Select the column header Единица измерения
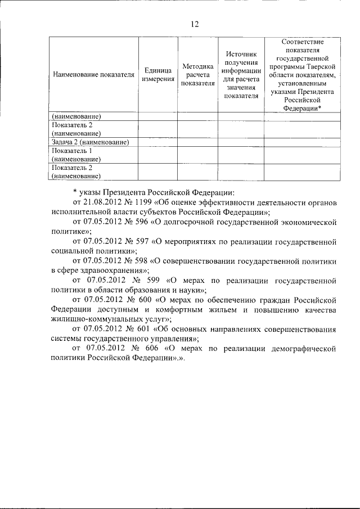tap(157, 75)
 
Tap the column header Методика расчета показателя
tap(198, 75)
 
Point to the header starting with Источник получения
tap(241, 73)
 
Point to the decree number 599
tap(156, 280)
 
